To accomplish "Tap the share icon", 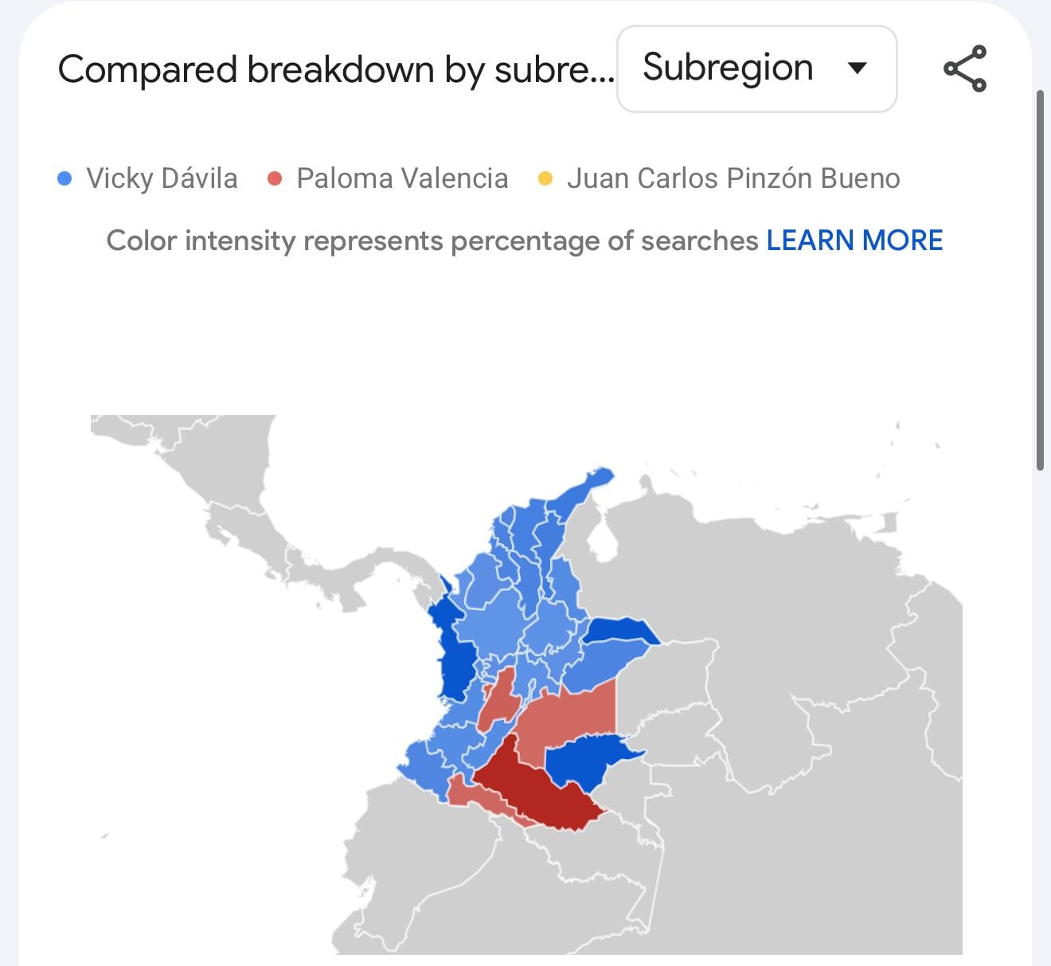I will pos(965,68).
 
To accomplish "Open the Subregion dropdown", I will pos(756,68).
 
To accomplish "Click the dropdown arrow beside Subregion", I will pos(857,68).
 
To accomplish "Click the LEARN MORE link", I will pos(854,241).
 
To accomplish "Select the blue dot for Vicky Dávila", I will pos(65,178).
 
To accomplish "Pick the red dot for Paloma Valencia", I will pos(275,178).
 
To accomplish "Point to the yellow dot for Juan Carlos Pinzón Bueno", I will pos(545,178).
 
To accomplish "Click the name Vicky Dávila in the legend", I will pos(162,178).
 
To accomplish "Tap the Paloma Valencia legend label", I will pos(402,178).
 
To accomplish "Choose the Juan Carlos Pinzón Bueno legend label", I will pos(733,178).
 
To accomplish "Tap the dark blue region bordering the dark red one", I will pos(585,761).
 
